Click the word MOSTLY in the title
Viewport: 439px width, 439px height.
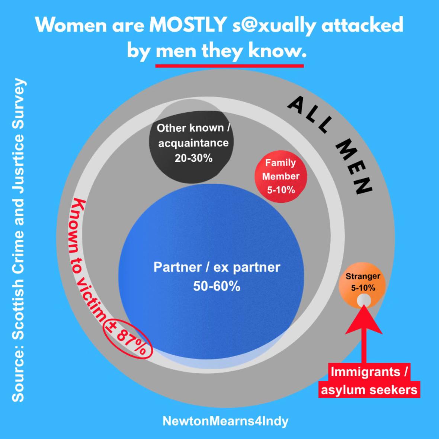(188, 25)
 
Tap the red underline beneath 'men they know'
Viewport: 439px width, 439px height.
(230, 66)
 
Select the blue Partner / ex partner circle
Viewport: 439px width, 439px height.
(211, 271)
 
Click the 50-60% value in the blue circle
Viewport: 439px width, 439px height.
(217, 286)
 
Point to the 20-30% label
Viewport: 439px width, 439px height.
(193, 158)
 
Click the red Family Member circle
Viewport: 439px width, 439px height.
(281, 176)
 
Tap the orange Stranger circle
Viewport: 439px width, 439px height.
(362, 285)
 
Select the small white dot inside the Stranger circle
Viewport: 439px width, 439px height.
(364, 301)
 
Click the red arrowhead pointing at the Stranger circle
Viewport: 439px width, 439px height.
(364, 320)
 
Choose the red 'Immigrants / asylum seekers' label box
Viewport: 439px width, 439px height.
(369, 381)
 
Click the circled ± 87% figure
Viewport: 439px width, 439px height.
(128, 338)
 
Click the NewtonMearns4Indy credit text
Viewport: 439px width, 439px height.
(225, 421)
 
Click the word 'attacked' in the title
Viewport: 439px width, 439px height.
(362, 25)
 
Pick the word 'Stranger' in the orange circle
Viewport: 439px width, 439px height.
(363, 276)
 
